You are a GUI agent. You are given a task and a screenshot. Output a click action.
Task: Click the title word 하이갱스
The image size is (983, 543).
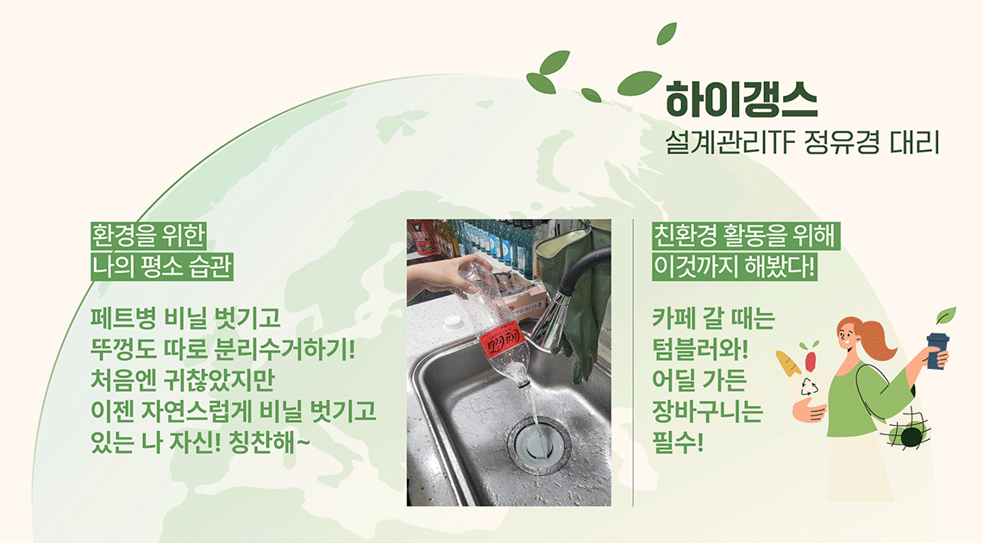pyautogui.click(x=741, y=100)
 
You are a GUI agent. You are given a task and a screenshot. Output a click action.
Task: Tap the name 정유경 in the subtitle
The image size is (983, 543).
pyautogui.click(x=835, y=143)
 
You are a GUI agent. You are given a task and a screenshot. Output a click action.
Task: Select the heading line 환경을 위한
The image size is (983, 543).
pyautogui.click(x=148, y=236)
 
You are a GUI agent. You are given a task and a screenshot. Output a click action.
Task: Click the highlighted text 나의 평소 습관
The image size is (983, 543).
pyautogui.click(x=162, y=267)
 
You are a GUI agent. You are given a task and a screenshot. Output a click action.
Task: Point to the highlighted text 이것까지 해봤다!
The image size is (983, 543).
pyautogui.click(x=734, y=267)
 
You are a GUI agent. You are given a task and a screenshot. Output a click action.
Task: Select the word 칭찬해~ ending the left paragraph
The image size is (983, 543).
pyautogui.click(x=270, y=443)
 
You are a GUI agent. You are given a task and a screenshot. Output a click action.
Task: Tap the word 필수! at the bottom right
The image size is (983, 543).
pyautogui.click(x=678, y=443)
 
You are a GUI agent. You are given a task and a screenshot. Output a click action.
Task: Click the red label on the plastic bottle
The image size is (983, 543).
pyautogui.click(x=502, y=340)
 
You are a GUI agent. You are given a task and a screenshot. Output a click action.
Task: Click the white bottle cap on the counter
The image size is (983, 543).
pyautogui.click(x=453, y=323)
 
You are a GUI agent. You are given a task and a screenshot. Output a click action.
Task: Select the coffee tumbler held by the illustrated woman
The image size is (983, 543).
pyautogui.click(x=938, y=350)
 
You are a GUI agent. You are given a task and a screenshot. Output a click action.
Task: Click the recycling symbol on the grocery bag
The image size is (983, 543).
pyautogui.click(x=810, y=387)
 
